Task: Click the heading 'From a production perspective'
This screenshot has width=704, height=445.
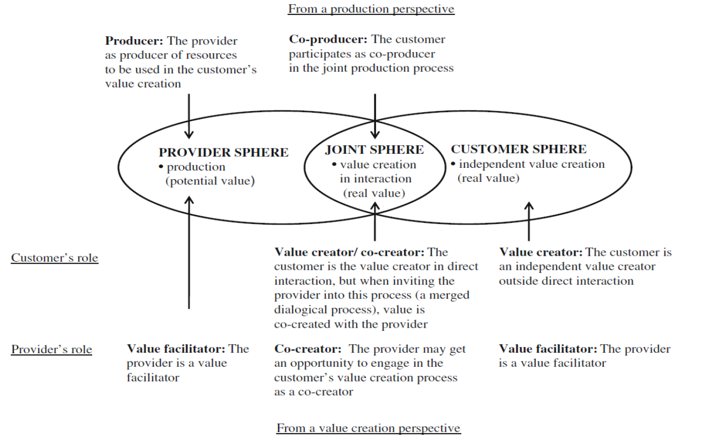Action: [371, 9]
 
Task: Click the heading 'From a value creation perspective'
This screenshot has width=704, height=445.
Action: [368, 428]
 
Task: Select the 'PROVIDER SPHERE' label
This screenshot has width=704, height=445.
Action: [223, 152]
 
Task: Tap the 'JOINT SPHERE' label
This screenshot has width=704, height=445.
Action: [374, 150]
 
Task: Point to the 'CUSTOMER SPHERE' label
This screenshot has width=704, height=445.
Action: [518, 150]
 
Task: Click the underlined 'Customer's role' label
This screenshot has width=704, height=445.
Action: [55, 258]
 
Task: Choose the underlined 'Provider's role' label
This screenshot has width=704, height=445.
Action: [51, 350]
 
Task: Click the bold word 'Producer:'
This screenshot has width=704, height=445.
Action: [134, 41]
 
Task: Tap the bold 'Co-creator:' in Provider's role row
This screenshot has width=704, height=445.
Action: [307, 349]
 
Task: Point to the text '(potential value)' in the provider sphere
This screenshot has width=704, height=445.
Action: [209, 181]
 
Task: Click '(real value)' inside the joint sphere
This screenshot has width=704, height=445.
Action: [374, 194]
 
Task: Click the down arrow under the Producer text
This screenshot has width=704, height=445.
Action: [189, 115]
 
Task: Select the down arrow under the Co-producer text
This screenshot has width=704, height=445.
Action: [375, 115]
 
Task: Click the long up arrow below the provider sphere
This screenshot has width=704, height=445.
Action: [189, 252]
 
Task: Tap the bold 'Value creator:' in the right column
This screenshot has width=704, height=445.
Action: [541, 252]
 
